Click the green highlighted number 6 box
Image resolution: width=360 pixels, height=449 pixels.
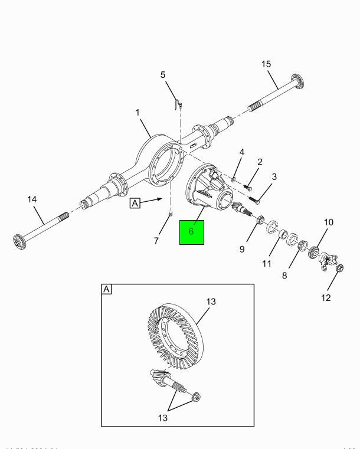pos(191,232)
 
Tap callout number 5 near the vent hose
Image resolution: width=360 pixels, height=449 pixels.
pos(163,75)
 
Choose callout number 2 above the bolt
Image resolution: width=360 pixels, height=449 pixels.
pos(260,162)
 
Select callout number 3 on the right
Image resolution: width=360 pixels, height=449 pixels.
pos(274,176)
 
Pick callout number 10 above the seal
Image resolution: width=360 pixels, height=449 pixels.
pos(328,222)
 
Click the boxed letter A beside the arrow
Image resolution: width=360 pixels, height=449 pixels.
pos(135,203)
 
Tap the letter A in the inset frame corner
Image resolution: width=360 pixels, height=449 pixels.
pos(107,290)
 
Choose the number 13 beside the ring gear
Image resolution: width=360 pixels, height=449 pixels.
pos(211,301)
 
